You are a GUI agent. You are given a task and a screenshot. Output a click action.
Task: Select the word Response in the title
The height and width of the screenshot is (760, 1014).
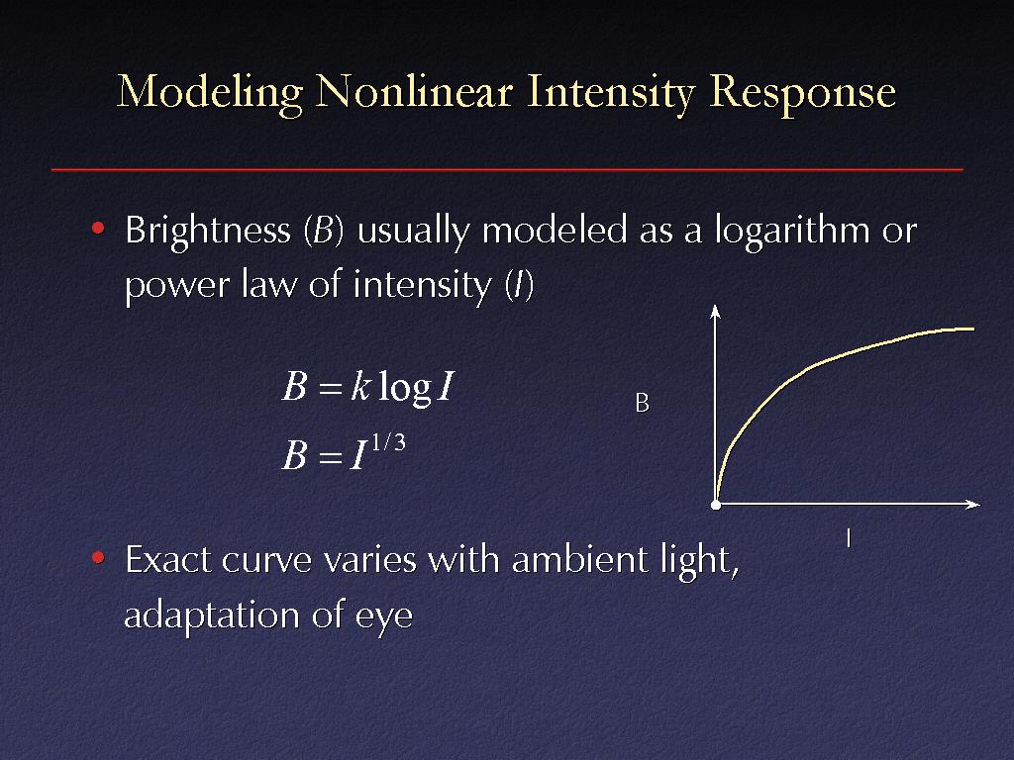[802, 94]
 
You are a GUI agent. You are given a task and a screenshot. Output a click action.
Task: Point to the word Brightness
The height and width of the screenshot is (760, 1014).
[208, 231]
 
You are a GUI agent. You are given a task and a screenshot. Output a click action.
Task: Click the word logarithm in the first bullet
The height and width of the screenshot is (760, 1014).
[792, 231]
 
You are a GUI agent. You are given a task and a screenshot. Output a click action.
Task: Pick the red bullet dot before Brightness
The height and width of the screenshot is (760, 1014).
[98, 229]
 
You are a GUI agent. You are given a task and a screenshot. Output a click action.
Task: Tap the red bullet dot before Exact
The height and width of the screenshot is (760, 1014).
[98, 557]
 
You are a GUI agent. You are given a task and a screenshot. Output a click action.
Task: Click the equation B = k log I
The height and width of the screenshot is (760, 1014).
[368, 387]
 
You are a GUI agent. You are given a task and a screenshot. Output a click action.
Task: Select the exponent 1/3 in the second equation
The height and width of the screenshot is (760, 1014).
[388, 442]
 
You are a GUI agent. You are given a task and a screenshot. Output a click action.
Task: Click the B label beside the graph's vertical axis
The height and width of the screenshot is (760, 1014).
[642, 404]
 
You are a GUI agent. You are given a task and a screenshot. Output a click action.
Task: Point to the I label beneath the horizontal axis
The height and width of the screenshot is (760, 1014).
[849, 538]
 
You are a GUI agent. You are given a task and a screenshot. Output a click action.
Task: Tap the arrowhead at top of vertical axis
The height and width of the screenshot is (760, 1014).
[715, 311]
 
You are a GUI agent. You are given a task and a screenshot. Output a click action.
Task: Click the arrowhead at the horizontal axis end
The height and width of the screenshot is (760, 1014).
[973, 504]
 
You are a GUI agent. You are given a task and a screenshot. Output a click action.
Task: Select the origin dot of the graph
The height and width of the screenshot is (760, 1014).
[716, 505]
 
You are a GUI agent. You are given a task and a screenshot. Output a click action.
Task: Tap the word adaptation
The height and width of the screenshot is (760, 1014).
[211, 615]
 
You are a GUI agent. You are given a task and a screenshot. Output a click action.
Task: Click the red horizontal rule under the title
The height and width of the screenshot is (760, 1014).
[507, 169]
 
